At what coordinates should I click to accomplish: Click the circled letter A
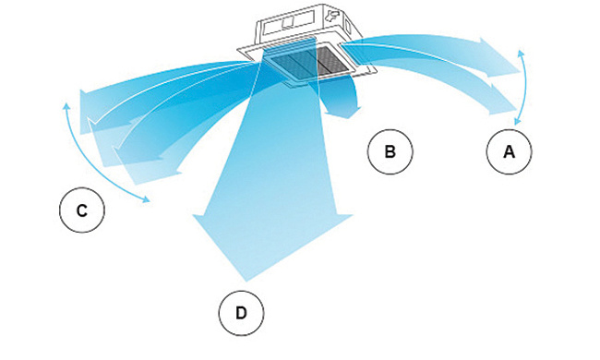[x=509, y=151]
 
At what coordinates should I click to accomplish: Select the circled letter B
[x=390, y=151]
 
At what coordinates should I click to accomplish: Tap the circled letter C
[x=82, y=210]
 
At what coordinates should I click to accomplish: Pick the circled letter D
[x=241, y=313]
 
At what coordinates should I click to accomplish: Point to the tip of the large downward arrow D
[x=246, y=282]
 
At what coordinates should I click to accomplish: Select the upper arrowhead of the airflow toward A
[x=501, y=56]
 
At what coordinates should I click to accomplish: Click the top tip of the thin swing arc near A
[x=521, y=50]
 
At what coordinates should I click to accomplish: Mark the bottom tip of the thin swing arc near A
[x=516, y=125]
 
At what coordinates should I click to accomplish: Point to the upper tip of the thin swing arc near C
[x=66, y=103]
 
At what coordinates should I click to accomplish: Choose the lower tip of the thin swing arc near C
[x=150, y=200]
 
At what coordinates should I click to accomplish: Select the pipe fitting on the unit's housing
[x=331, y=17]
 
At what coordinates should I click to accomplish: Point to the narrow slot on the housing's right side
[x=348, y=27]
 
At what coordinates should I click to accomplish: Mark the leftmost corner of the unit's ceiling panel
[x=237, y=49]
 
